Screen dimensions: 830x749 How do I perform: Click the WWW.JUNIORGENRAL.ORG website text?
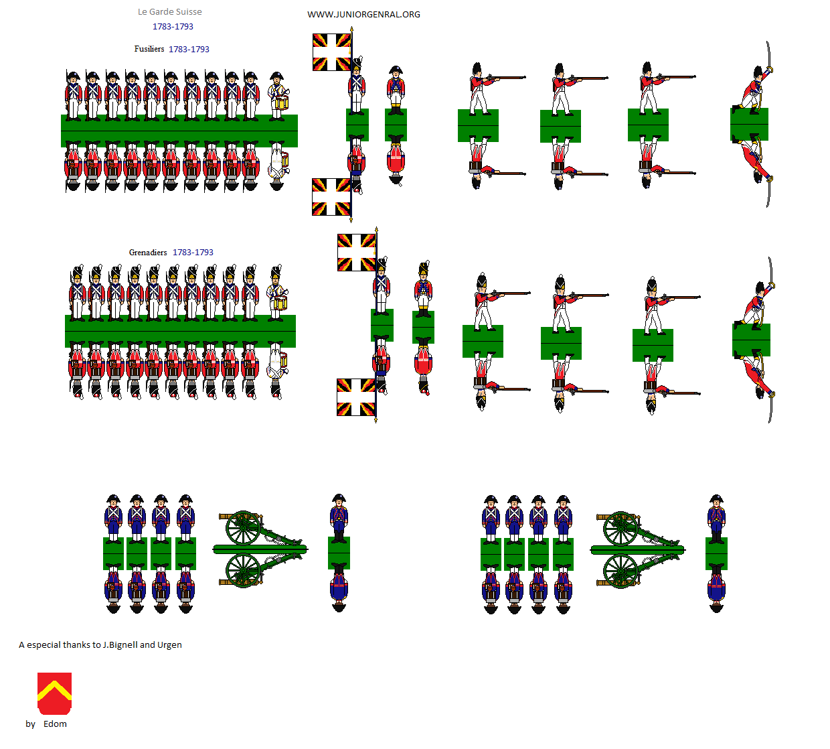363,15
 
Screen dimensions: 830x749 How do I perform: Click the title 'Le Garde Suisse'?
169,11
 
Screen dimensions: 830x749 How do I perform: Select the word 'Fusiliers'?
149,49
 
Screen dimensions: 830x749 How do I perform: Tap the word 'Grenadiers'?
148,253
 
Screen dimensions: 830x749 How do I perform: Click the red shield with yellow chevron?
54,693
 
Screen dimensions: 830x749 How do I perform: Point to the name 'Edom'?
55,724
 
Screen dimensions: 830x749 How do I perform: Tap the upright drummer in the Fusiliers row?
278,96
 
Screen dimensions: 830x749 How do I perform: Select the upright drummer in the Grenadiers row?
277,292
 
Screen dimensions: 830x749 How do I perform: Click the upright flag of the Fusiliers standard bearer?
331,52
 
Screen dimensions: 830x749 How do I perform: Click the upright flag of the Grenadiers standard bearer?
356,253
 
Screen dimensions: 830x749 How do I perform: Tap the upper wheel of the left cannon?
243,528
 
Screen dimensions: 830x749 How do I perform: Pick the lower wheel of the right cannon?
620,571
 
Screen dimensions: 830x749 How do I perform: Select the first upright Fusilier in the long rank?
73,96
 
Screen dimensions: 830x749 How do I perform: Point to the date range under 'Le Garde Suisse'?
173,27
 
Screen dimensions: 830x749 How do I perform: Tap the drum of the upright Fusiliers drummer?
281,102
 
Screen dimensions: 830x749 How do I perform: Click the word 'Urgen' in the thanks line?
169,644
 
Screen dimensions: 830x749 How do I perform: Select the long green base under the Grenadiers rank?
181,331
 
